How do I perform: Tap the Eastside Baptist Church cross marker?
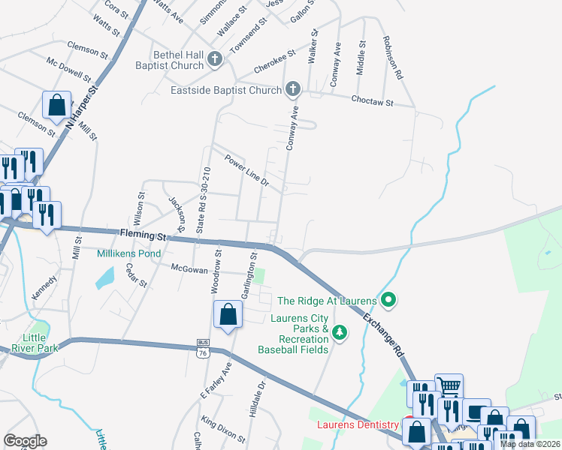coord(293,90)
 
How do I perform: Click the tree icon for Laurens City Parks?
coord(340,331)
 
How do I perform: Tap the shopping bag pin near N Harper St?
coord(56,106)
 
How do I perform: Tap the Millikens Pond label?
coord(129,253)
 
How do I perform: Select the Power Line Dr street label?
coord(246,169)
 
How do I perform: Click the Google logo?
coord(25,441)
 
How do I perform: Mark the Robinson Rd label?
coord(393,58)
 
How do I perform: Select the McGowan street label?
coord(189,267)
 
